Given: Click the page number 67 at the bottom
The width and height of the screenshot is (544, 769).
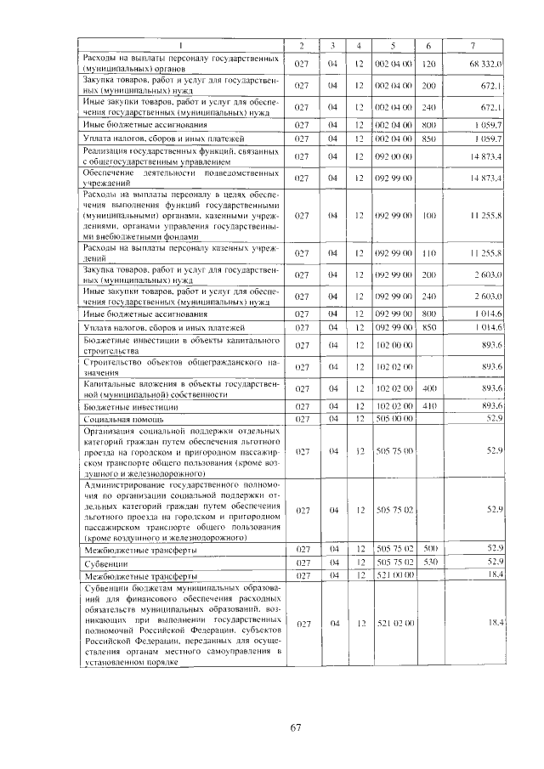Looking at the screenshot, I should (x=296, y=727).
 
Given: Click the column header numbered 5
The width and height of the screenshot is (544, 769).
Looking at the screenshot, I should (x=393, y=44).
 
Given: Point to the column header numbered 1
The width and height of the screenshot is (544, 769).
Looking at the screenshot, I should (x=180, y=44).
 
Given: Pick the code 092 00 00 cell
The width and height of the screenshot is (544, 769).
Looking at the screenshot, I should (x=393, y=156).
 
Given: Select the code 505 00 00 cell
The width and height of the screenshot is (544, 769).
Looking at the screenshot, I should (x=393, y=418).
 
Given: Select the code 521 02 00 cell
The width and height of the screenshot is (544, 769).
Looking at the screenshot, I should (x=393, y=623).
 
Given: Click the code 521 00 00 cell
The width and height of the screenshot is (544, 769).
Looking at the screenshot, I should (x=393, y=575).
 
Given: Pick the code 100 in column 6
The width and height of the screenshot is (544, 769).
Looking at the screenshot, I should (x=428, y=217).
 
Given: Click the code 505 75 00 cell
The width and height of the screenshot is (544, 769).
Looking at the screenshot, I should (x=393, y=450).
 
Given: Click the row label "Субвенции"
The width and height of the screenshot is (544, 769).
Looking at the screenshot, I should (x=104, y=562).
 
